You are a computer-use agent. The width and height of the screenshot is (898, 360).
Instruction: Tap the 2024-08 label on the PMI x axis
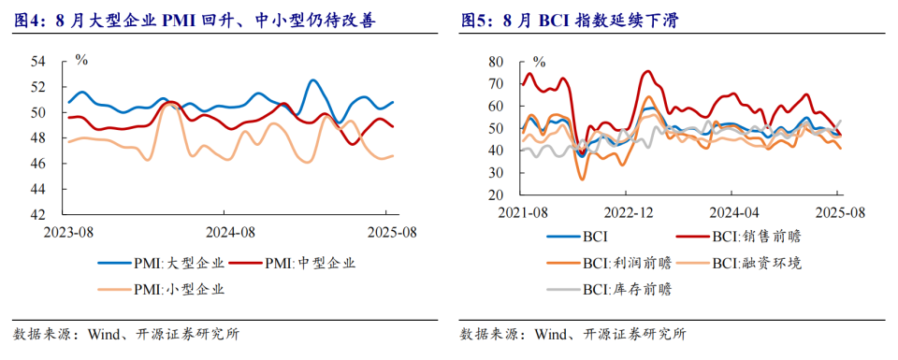[x=229, y=233]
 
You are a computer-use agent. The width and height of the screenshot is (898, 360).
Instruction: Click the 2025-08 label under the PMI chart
[x=392, y=233]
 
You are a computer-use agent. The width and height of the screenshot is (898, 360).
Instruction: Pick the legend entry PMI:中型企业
[x=292, y=264]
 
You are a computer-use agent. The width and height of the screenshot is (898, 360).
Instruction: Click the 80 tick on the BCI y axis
[x=496, y=61]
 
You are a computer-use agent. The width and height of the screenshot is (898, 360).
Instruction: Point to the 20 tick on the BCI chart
[x=496, y=195]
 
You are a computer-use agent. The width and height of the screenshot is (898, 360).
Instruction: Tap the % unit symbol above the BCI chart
[x=539, y=60]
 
